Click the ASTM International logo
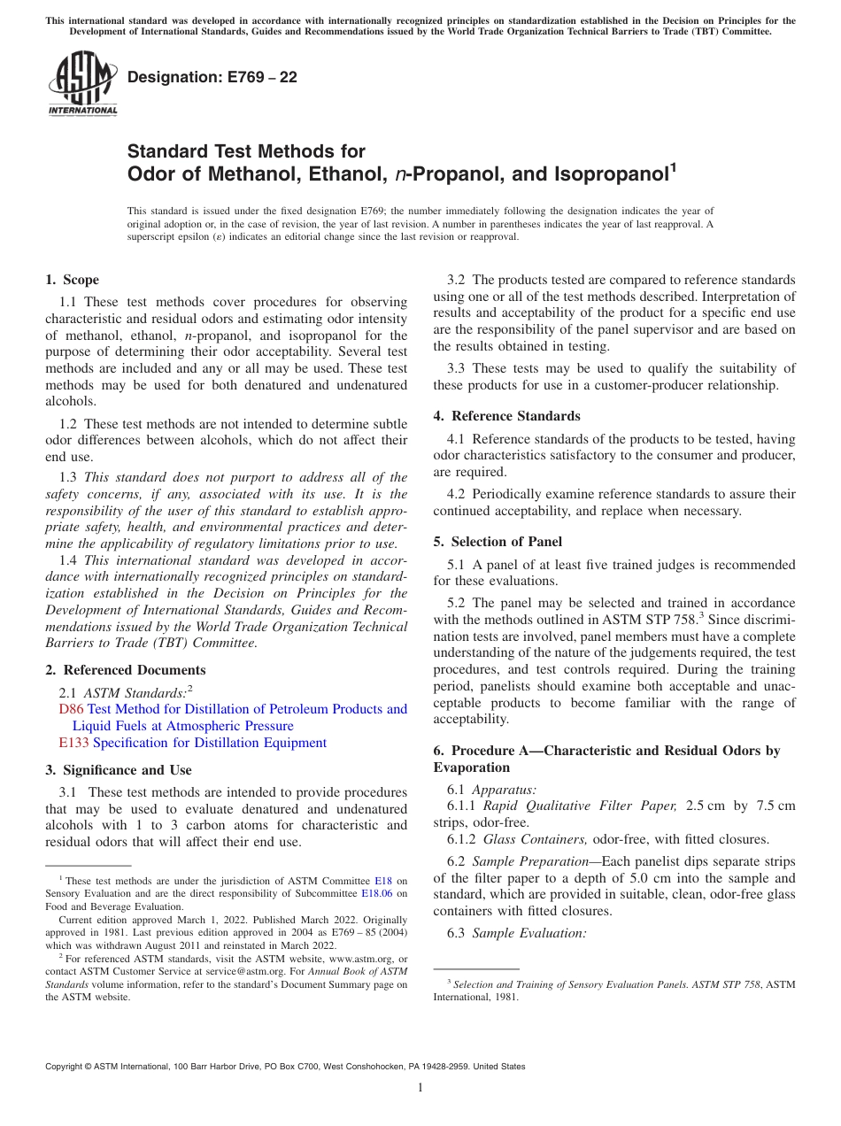point(81,83)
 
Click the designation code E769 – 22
point(212,77)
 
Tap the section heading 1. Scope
point(72,280)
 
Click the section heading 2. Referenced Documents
point(125,670)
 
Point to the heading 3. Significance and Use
point(118,770)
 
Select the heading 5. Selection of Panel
point(498,542)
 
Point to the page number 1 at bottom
point(420,1088)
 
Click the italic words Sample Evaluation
point(529,933)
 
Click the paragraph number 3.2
point(459,280)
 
